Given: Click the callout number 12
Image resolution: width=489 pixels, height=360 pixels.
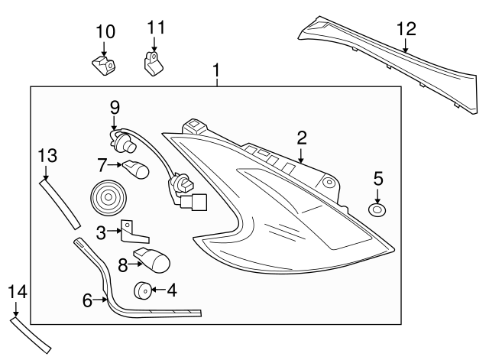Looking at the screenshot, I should coord(406,30).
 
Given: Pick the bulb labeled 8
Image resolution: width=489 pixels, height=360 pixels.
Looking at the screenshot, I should coord(153,260).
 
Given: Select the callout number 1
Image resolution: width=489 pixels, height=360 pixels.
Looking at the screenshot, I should coord(216,72).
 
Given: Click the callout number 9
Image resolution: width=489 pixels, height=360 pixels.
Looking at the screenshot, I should coord(115,108).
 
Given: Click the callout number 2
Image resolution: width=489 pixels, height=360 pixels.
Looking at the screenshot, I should coord(302,138).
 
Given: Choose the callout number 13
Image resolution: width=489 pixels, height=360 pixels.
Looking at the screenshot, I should coord(47,156).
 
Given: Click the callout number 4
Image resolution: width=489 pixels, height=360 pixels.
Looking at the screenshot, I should coord(171,290).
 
